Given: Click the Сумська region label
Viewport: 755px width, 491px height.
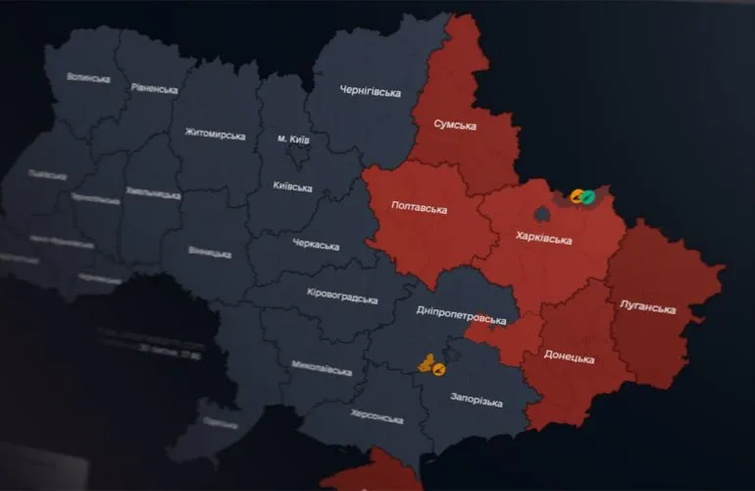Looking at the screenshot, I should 455,126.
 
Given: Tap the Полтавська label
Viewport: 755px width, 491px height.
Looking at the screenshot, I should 419,209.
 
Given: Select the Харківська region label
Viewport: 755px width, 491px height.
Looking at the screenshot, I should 544,237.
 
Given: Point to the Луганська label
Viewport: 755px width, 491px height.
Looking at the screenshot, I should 648,309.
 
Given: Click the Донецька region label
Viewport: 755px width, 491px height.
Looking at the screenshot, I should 569,358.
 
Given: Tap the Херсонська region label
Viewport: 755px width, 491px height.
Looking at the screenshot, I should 376,419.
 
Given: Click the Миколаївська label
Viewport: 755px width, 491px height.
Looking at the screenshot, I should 321,369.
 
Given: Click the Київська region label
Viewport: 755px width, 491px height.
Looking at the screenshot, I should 293,187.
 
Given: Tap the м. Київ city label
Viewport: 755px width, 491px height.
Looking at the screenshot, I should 293,139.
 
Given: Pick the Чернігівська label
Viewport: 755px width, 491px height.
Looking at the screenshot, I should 371,92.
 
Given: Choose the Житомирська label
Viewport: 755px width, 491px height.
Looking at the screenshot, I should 215,134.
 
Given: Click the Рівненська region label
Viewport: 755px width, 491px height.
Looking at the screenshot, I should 154,88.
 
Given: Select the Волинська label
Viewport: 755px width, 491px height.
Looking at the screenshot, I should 88,78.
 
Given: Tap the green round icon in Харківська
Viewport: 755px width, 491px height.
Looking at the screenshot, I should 587,196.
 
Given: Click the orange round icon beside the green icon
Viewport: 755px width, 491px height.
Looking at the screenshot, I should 577,196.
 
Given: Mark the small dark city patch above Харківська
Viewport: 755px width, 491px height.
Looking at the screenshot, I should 541,211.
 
